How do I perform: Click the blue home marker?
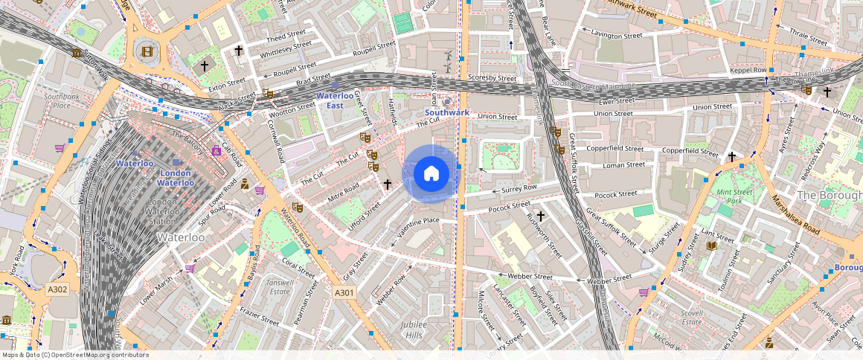point(431,174)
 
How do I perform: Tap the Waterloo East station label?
point(339,100)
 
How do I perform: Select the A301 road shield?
point(344,293)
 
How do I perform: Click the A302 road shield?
point(57,289)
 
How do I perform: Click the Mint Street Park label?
point(736,196)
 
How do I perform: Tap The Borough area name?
point(828,195)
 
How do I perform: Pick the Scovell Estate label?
point(692,318)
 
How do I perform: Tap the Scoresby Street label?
point(492,78)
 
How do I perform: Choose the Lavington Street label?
point(616,35)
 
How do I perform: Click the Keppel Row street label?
point(748,70)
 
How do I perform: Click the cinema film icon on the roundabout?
point(147,51)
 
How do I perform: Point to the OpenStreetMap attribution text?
point(76,355)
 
